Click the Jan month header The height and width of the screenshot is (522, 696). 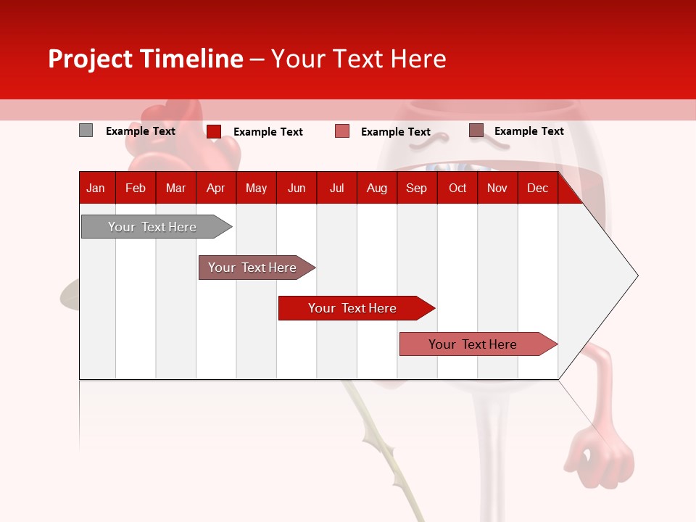[x=96, y=188]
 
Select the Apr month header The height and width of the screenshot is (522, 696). [x=215, y=188]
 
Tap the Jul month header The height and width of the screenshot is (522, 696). [x=336, y=188]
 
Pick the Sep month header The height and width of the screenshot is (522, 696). [x=416, y=188]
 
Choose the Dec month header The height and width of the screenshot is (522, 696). [x=537, y=188]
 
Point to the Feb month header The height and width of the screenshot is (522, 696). [x=136, y=188]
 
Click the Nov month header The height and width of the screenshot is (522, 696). [x=497, y=188]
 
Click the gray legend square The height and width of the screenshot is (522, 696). [x=86, y=130]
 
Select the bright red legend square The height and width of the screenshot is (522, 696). [x=214, y=131]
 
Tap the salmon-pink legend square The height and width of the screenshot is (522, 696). [x=342, y=131]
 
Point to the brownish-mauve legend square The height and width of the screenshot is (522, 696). [x=476, y=130]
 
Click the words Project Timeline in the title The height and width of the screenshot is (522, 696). [x=145, y=59]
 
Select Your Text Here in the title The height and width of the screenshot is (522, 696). [x=358, y=59]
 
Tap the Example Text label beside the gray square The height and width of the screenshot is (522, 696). [x=141, y=131]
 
